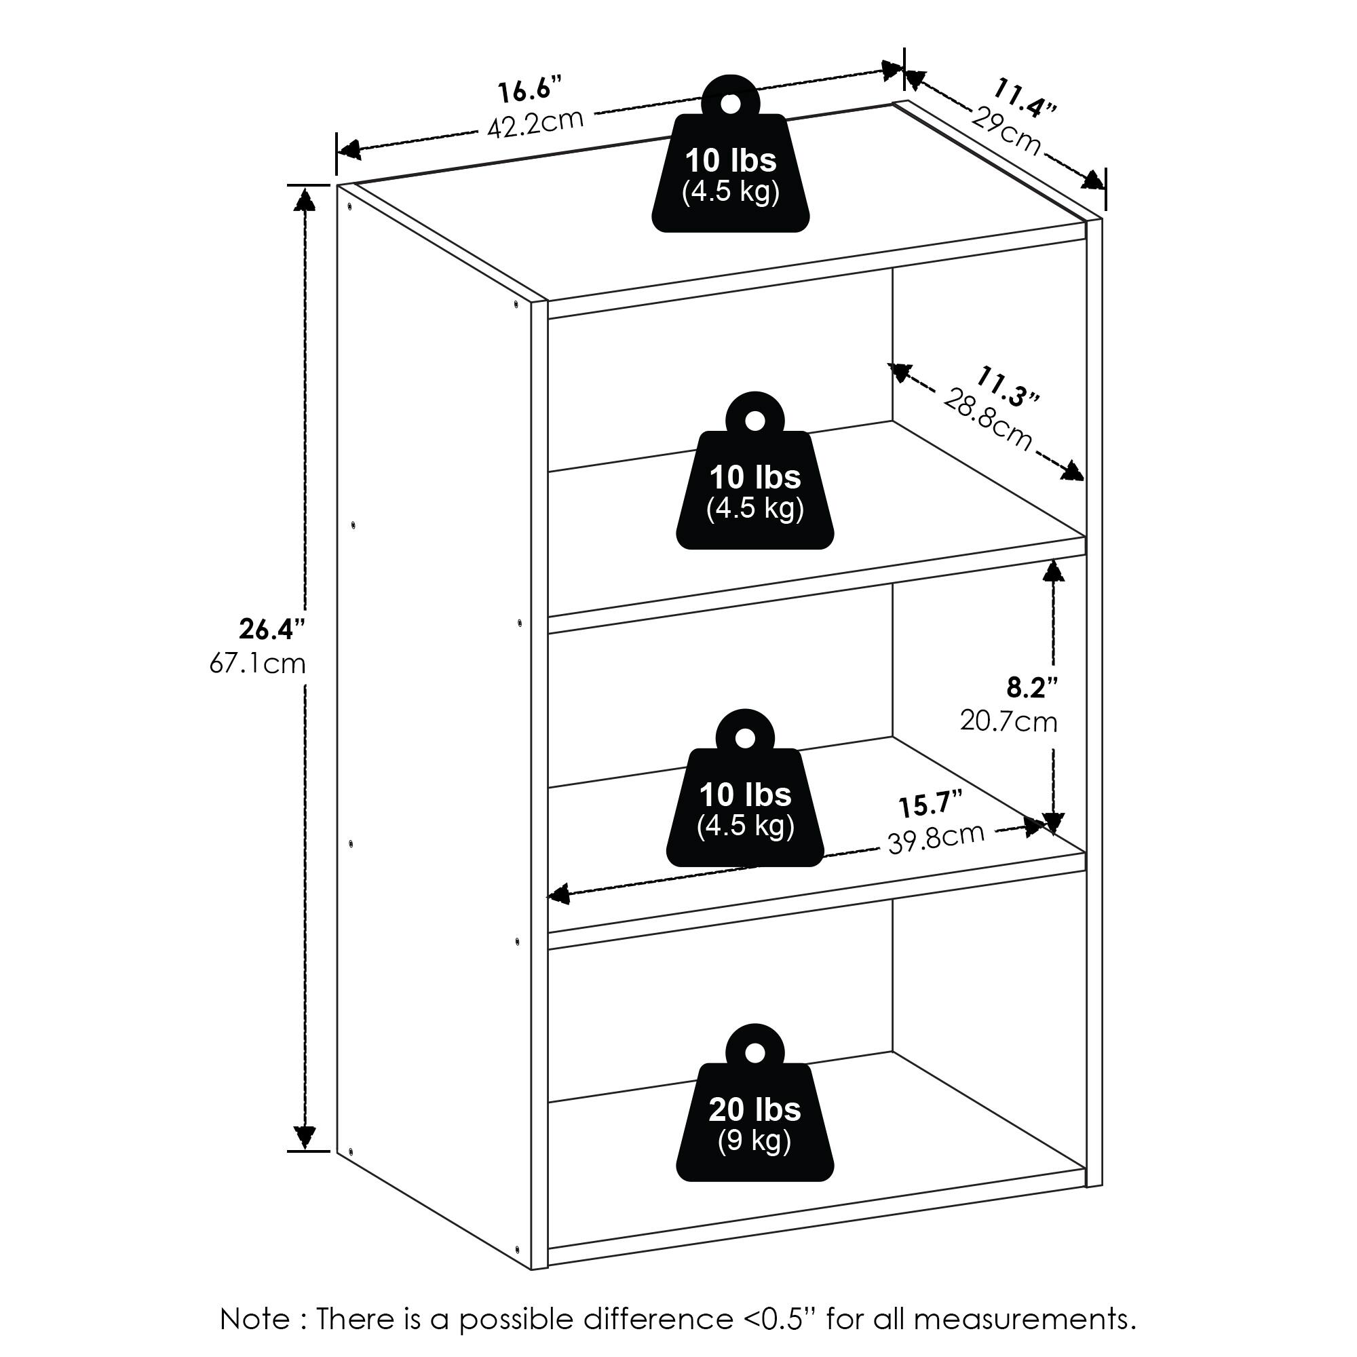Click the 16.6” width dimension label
531,92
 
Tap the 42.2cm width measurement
535,123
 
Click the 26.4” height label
273,630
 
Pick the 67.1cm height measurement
258,664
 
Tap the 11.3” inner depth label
1006,385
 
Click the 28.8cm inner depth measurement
987,419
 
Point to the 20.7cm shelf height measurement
1009,721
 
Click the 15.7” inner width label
930,804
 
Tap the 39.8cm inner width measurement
936,838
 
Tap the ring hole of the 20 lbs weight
754,1052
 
